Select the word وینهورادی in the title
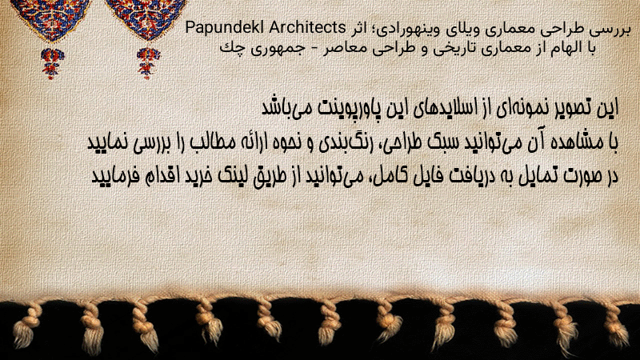coord(411,30)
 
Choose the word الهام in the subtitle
coord(561,48)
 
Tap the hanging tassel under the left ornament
coord(52,63)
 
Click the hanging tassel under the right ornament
coord(148,63)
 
